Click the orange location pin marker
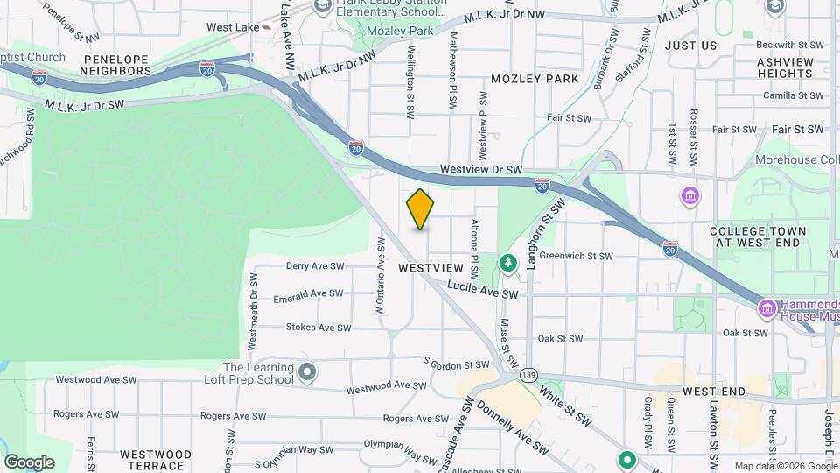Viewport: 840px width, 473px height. (421, 208)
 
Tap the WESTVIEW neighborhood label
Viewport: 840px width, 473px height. (430, 267)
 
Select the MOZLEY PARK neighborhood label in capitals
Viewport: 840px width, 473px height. (535, 79)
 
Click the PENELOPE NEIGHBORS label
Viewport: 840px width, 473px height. (117, 64)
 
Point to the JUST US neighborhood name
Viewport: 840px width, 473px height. (690, 46)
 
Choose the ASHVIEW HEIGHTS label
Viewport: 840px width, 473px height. (786, 67)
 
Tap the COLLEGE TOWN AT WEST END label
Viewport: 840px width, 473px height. (759, 236)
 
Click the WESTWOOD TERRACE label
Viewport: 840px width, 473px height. (156, 460)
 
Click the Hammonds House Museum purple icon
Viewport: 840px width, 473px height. (767, 308)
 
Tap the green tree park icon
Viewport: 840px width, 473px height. (507, 262)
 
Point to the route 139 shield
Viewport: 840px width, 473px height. (528, 375)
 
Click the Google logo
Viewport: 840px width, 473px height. (29, 462)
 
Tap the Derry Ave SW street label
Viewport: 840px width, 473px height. (315, 265)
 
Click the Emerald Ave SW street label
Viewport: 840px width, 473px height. (307, 295)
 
